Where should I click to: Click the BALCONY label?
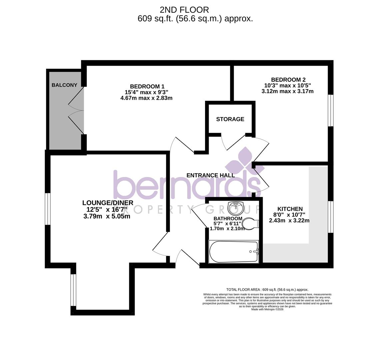pyautogui.click(x=64, y=85)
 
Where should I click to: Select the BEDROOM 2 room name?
pyautogui.click(x=288, y=80)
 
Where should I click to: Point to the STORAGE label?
pyautogui.click(x=230, y=119)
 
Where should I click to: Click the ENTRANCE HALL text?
pyautogui.click(x=210, y=175)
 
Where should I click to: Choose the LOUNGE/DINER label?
pyautogui.click(x=108, y=203)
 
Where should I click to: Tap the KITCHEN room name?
pyautogui.click(x=290, y=209)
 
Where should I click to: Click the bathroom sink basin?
pyautogui.click(x=236, y=208)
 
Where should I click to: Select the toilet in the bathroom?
pyautogui.click(x=250, y=223)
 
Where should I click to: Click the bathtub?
pyautogui.click(x=233, y=252)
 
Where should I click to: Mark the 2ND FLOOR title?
pyautogui.click(x=184, y=10)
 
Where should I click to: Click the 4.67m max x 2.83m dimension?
pyautogui.click(x=146, y=98)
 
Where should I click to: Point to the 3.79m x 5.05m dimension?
pyautogui.click(x=107, y=216)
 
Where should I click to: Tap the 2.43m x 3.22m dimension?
pyautogui.click(x=289, y=220)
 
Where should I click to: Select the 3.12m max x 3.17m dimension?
pyautogui.click(x=287, y=91)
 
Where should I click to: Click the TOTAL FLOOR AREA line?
pyautogui.click(x=267, y=290)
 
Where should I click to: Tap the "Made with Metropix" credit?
pyautogui.click(x=267, y=309)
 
